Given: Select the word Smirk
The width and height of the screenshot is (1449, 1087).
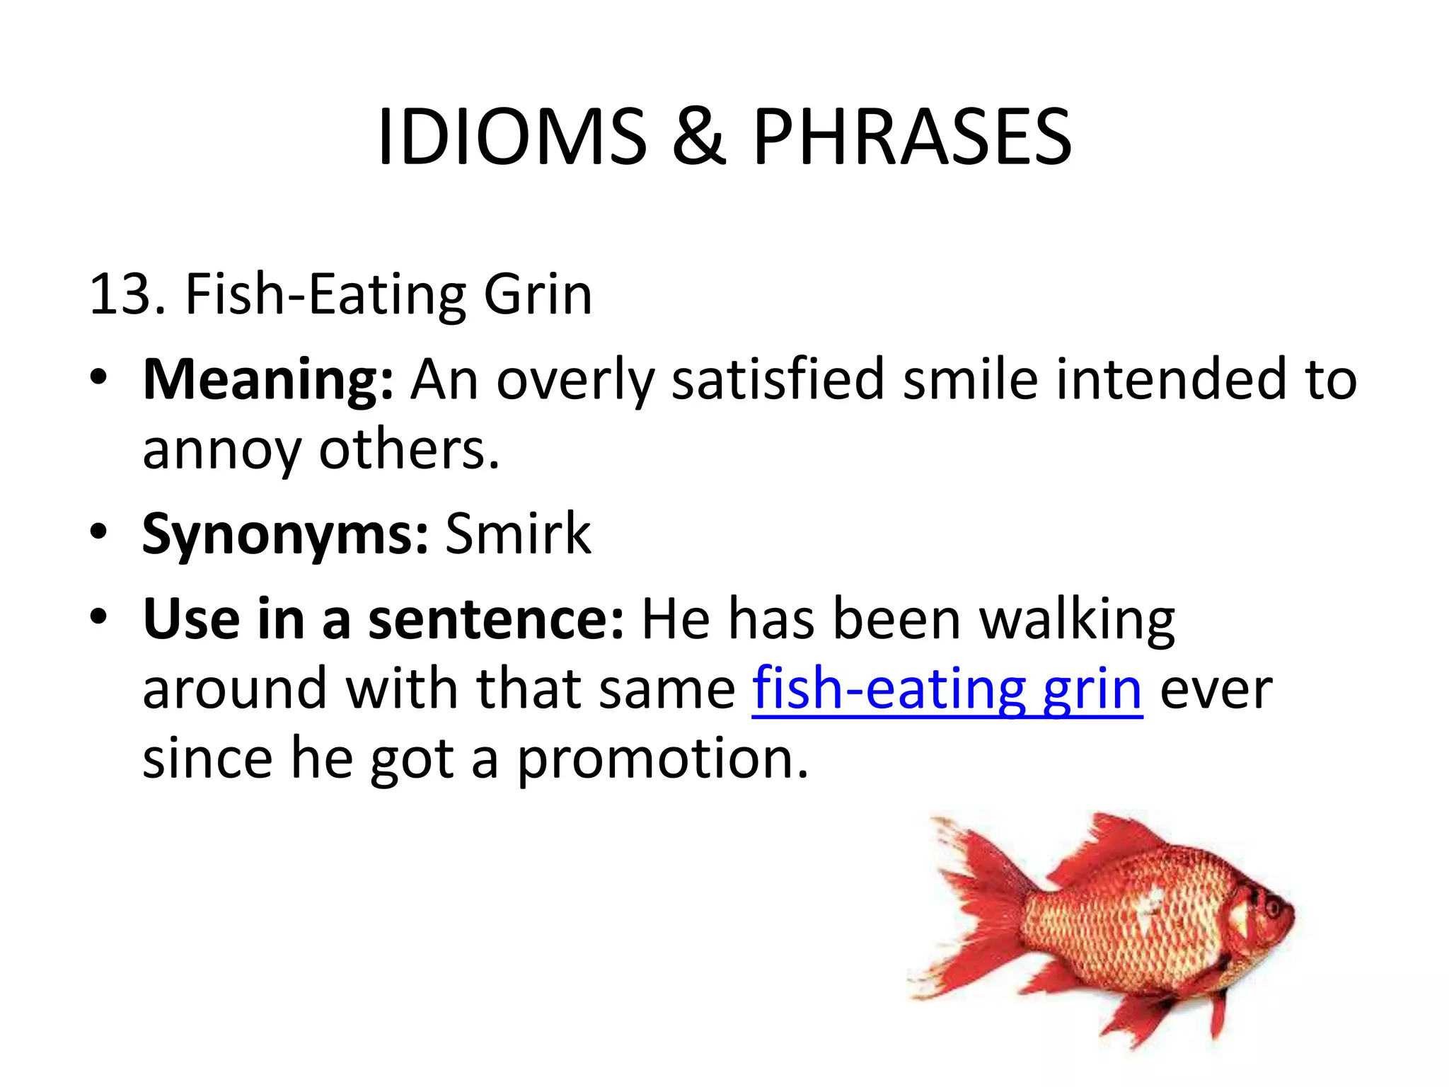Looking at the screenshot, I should point(518,534).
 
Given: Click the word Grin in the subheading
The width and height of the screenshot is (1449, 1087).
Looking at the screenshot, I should point(538,294).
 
